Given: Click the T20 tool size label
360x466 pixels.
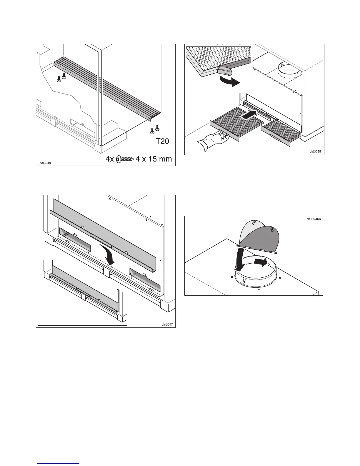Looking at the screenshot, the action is (x=162, y=142).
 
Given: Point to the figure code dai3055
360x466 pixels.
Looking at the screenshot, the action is (x=315, y=152).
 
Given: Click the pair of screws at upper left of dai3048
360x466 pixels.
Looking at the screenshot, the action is (x=61, y=78).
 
